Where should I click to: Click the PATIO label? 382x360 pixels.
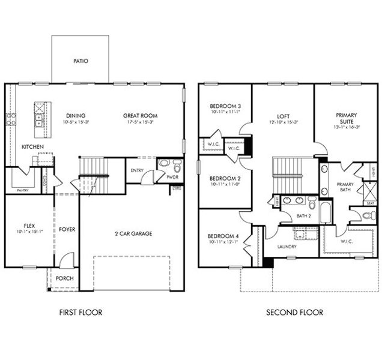tap(80, 61)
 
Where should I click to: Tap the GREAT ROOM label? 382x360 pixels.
tap(140, 116)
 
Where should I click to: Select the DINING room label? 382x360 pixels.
tap(76, 116)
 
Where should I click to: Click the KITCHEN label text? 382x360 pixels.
tap(32, 147)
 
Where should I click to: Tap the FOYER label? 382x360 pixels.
tap(67, 230)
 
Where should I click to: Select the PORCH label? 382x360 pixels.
tap(64, 278)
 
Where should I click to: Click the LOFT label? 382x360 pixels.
tap(283, 116)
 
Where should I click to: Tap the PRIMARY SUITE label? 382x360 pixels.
tap(347, 118)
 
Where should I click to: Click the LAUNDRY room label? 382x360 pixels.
tap(288, 247)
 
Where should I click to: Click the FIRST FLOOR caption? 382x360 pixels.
tap(80, 313)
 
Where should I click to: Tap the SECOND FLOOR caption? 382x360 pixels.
tap(295, 313)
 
